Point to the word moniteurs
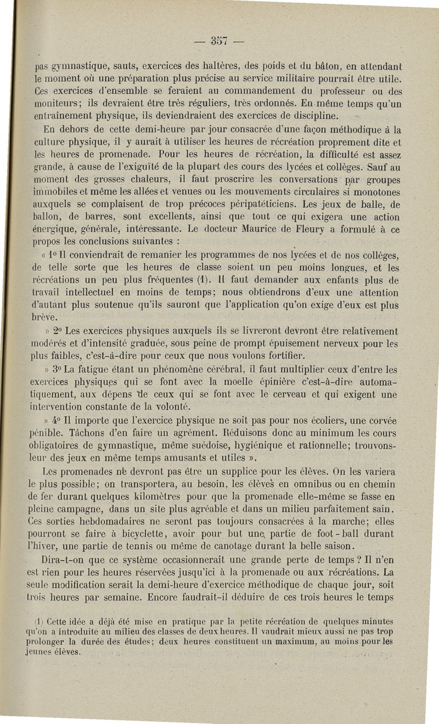pyautogui.click(x=54, y=105)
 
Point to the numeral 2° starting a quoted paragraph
pyautogui.click(x=58, y=331)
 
